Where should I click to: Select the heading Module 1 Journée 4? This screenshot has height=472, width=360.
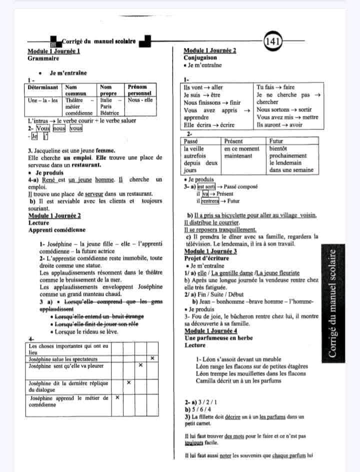pyautogui.click(x=210, y=331)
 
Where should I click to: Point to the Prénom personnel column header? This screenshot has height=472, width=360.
pyautogui.click(x=139, y=90)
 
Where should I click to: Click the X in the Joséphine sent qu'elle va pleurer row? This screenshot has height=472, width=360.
pyautogui.click(x=141, y=365)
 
